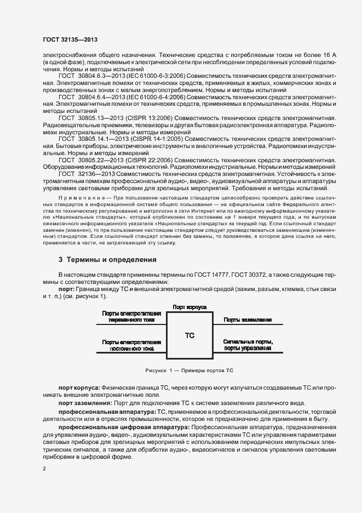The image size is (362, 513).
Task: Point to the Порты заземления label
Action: tap(248, 319)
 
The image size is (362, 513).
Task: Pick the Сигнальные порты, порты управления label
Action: tap(248, 345)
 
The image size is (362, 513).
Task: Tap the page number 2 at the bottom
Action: tap(44, 469)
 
